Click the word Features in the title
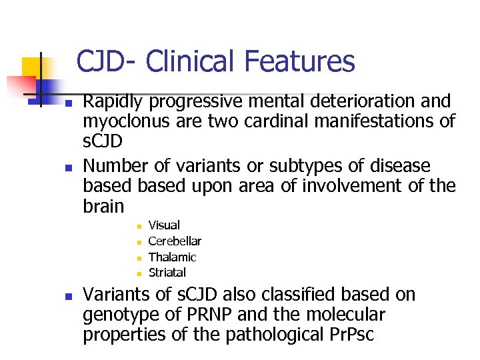[x=299, y=62]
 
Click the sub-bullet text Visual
[x=164, y=226]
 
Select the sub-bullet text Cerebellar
[x=175, y=241]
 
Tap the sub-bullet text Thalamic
[x=172, y=257]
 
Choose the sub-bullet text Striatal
[x=167, y=273]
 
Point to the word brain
[x=103, y=206]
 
